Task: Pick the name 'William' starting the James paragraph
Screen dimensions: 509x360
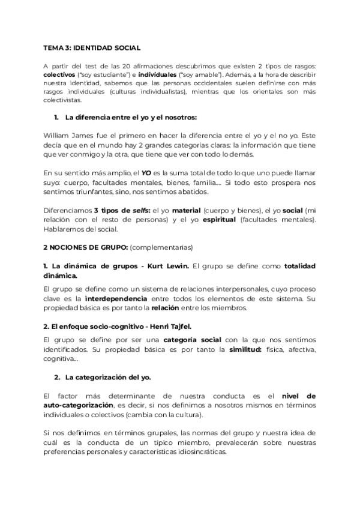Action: [x=57, y=136]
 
